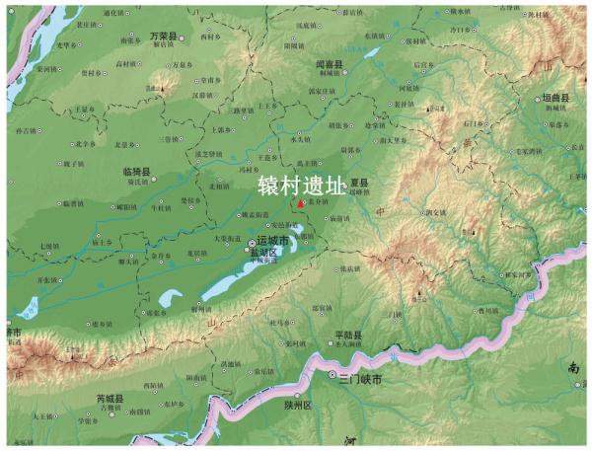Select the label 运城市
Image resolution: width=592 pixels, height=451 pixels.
click(272, 241)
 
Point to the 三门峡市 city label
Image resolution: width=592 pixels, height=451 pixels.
click(359, 378)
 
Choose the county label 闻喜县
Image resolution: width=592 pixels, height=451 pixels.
click(330, 63)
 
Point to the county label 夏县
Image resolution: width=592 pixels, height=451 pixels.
click(357, 183)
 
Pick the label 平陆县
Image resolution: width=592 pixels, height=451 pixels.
click(349, 335)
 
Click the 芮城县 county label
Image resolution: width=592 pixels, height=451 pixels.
click(110, 399)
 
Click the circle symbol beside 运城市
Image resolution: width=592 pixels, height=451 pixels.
click(252, 242)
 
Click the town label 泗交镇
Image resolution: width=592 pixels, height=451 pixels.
click(436, 211)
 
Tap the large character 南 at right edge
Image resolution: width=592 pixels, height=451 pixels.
click(574, 367)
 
